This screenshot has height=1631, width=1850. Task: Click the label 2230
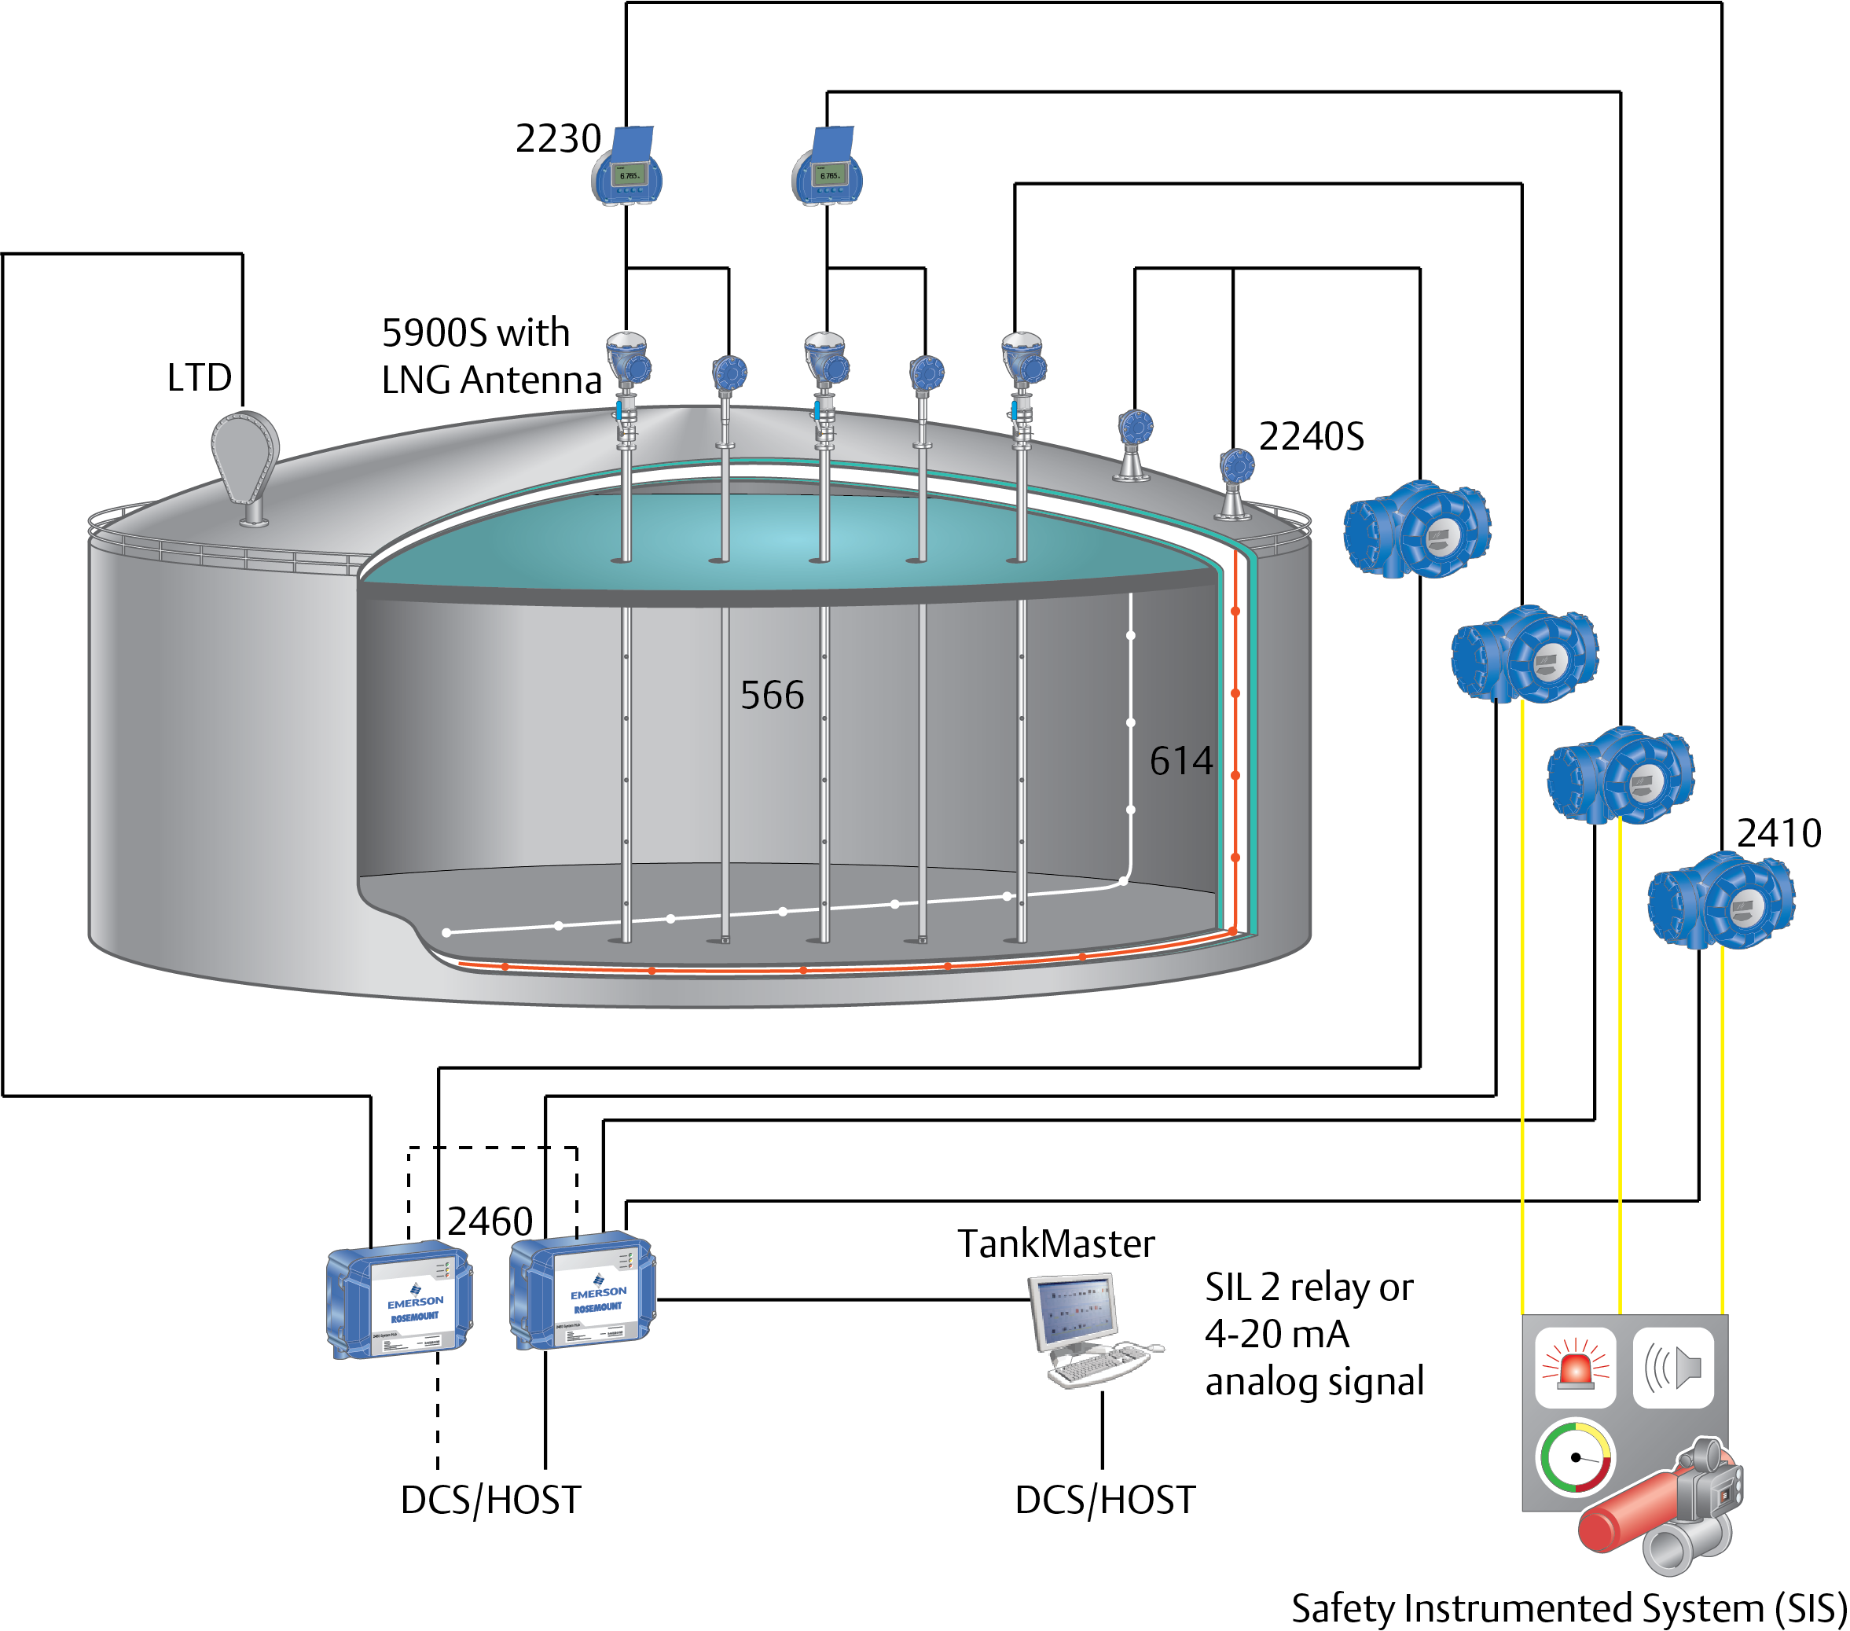coord(557,138)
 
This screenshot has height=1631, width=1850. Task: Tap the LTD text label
coord(199,377)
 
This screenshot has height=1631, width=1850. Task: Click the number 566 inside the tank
coord(772,695)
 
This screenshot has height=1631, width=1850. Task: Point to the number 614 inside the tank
coord(1180,760)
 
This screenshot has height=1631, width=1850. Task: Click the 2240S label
coord(1311,436)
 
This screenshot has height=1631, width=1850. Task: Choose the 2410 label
coord(1778,832)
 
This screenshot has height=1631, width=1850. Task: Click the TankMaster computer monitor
coord(1074,1310)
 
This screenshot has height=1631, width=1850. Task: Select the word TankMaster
coord(1055,1243)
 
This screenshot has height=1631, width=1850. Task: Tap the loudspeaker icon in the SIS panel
coord(1673,1368)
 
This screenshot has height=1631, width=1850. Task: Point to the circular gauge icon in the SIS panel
coord(1576,1457)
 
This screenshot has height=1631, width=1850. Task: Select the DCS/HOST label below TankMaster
coord(1104,1500)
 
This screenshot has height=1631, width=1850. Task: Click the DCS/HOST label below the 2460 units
coord(490,1500)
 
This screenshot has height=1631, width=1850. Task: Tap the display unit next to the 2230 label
coord(628,167)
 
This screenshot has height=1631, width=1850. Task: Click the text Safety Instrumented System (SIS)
coord(1568,1607)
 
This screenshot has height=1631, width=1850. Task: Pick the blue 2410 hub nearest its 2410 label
coord(1721,902)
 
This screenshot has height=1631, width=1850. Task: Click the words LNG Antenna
coord(491,379)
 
